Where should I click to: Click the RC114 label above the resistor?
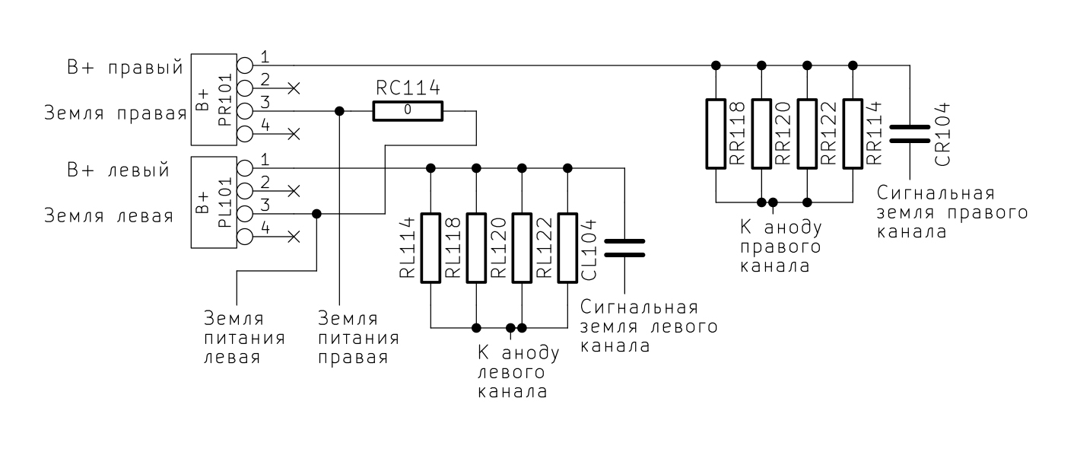tap(407, 88)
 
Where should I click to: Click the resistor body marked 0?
tap(407, 111)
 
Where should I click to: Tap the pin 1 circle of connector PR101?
tap(245, 65)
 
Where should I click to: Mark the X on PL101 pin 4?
tap(294, 237)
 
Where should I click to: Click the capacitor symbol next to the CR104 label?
tap(910, 134)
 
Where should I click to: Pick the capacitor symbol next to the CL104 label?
tap(624, 248)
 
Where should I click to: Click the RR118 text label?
tap(735, 134)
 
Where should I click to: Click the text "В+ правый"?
tap(123, 66)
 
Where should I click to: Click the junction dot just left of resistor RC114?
tap(340, 111)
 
